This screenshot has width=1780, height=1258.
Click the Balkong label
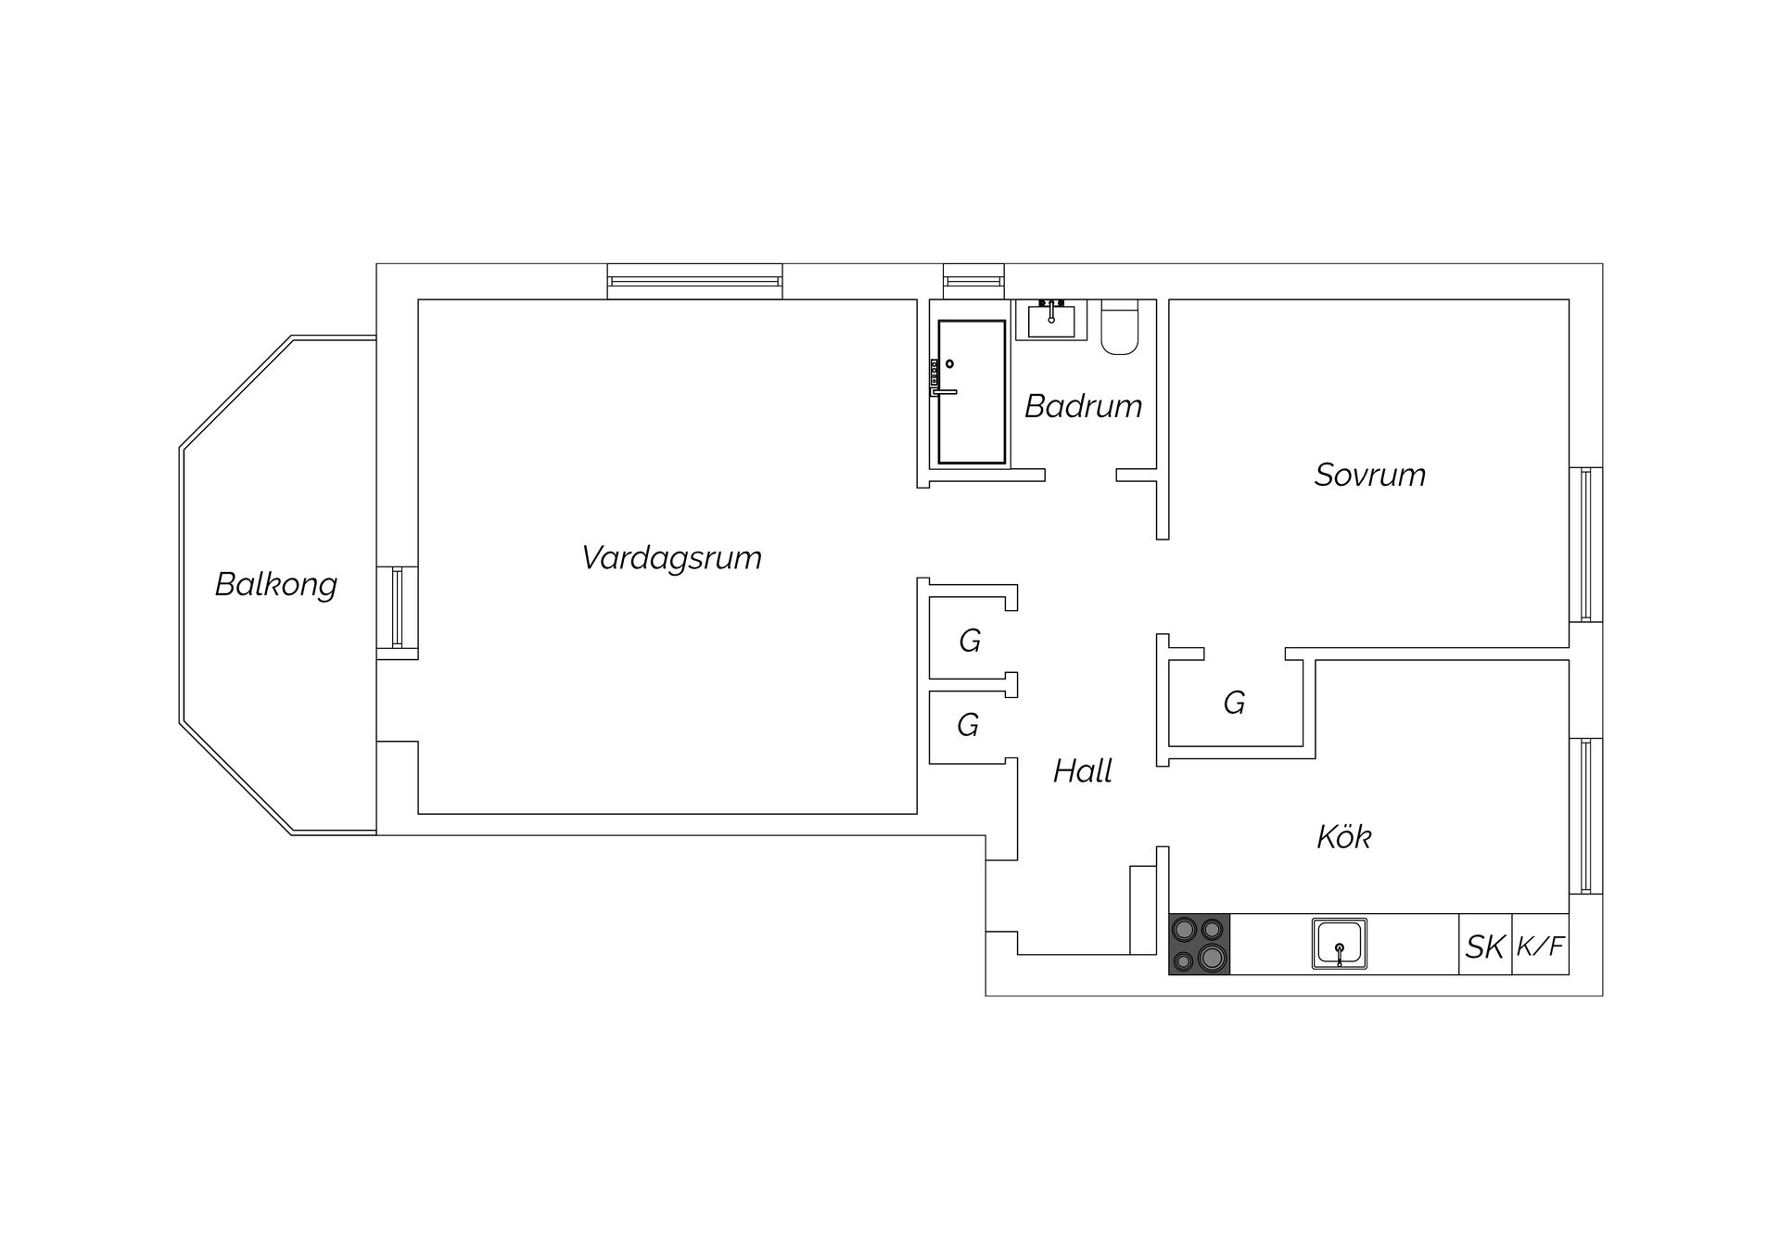[x=275, y=585]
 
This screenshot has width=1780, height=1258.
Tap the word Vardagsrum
[x=671, y=558]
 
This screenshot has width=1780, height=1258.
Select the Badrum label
[x=1083, y=406]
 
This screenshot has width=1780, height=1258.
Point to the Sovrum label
[x=1370, y=475]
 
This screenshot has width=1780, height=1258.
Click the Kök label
[x=1343, y=837]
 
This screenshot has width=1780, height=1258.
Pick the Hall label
[x=1083, y=771]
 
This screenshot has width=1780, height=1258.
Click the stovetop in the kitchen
[x=1200, y=944]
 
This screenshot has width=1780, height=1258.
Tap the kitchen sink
[x=1340, y=944]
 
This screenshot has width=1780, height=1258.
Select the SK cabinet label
[x=1485, y=947]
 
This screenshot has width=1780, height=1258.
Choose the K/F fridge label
[x=1541, y=947]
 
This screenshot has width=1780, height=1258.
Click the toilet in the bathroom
[x=1120, y=327]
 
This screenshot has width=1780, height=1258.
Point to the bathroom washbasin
[x=1051, y=320]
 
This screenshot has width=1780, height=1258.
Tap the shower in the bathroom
[x=971, y=392]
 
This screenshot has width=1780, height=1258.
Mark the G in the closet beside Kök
[x=1234, y=703]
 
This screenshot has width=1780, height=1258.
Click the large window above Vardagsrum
[x=694, y=282]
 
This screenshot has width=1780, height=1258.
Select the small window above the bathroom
[x=973, y=282]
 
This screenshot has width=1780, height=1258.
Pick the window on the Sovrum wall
[x=1585, y=544]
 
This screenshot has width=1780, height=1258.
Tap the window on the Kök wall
[x=1585, y=816]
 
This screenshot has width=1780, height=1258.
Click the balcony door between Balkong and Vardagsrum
[x=397, y=607]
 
